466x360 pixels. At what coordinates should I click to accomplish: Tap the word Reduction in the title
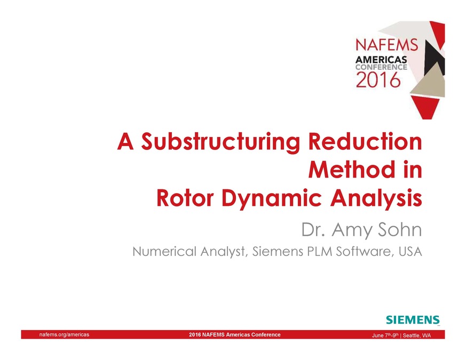[365, 143]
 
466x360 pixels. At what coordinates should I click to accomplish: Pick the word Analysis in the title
[375, 198]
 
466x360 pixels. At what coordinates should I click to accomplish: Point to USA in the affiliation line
[409, 251]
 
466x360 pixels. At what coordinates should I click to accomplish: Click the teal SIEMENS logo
[413, 320]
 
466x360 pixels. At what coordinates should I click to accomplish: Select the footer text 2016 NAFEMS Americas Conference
[235, 335]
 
